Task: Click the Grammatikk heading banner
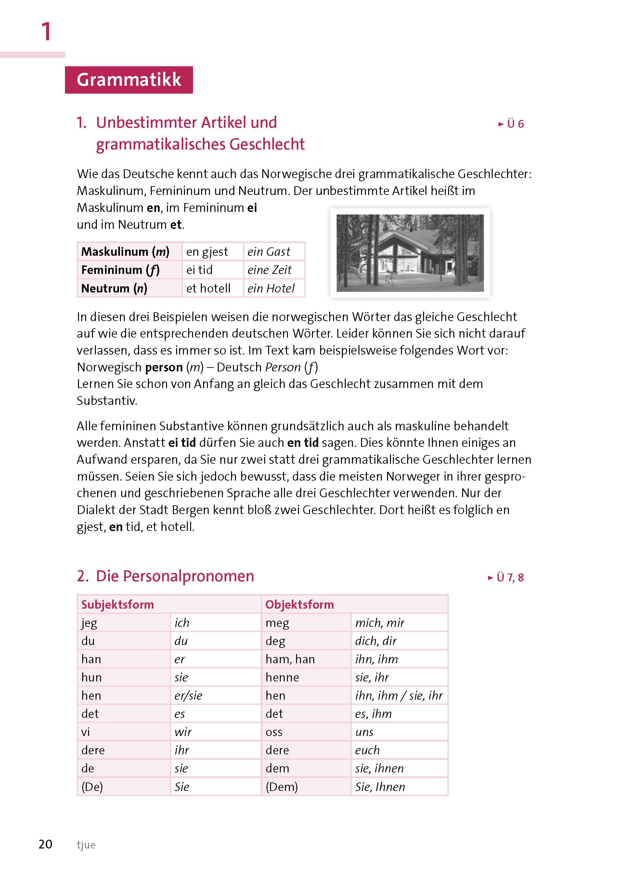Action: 129,80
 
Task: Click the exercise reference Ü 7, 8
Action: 506,577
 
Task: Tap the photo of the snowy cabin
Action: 410,253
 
